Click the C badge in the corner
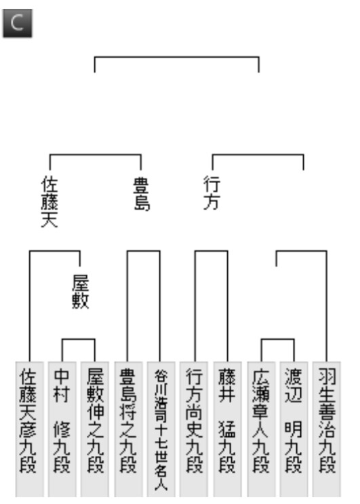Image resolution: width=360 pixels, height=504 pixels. (18, 23)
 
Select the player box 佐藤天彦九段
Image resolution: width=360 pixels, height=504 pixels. (30, 429)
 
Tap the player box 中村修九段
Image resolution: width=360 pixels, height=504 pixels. (62, 429)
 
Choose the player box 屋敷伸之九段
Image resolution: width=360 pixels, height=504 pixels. (95, 429)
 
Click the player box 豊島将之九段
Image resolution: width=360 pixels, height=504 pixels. (128, 429)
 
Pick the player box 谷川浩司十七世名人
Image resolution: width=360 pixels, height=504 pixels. (161, 429)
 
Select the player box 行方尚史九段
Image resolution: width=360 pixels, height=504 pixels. (194, 429)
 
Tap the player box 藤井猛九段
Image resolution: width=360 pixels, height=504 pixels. (227, 429)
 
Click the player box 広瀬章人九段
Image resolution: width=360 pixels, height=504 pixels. (261, 429)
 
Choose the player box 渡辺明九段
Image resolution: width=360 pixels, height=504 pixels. (294, 429)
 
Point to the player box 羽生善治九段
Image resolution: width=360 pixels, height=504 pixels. (327, 429)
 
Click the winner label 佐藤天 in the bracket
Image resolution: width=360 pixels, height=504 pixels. (49, 202)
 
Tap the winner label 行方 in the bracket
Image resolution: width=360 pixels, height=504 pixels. (212, 193)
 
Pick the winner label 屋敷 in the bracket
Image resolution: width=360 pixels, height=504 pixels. (80, 292)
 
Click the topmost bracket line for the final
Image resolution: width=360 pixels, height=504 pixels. (177, 57)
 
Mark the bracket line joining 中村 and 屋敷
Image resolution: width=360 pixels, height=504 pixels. (79, 339)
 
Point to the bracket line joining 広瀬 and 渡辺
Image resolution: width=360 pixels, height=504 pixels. (277, 339)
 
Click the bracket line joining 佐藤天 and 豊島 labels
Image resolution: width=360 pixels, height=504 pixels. (96, 155)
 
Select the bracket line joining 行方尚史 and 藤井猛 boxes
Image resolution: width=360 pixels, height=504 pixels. (212, 252)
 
